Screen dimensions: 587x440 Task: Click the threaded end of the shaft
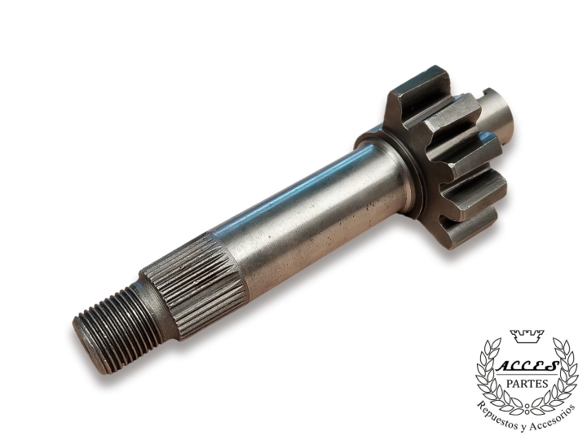[119, 329]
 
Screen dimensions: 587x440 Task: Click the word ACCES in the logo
[527, 367]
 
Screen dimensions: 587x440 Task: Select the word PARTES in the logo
[527, 384]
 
